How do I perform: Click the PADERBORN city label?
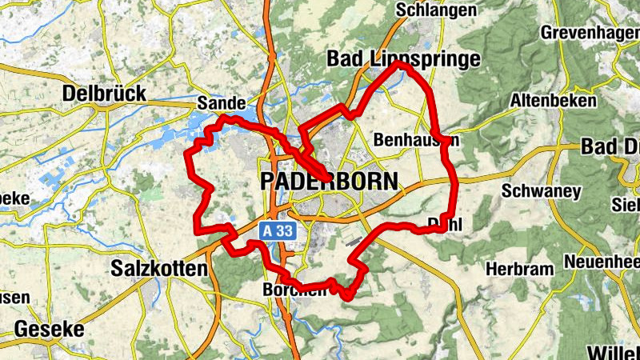pyautogui.click(x=328, y=182)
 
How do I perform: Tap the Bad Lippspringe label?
pyautogui.click(x=404, y=59)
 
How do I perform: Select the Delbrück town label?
pyautogui.click(x=104, y=94)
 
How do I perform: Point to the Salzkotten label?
pyautogui.click(x=160, y=269)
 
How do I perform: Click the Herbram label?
pyautogui.click(x=520, y=269)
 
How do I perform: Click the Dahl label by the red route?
pyautogui.click(x=446, y=223)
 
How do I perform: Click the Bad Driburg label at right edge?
pyautogui.click(x=611, y=147)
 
